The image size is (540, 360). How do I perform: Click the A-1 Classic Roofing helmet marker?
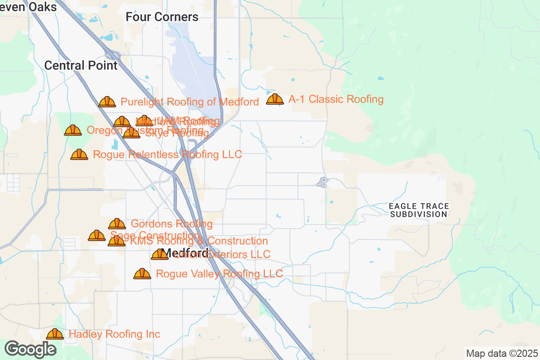point(275,99)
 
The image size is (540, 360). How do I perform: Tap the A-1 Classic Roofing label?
point(336,99)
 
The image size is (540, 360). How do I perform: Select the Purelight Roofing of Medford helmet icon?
point(107,102)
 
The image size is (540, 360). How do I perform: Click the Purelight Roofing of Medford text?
point(189,102)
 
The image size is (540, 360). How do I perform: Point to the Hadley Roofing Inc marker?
point(55,334)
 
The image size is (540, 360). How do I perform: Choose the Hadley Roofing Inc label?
point(114,334)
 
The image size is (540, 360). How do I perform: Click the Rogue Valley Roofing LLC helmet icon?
point(142,274)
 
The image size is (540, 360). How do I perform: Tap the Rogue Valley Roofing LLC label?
point(219,274)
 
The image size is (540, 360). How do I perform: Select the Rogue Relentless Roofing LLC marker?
point(79,154)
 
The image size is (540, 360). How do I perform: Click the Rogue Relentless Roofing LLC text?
point(167,154)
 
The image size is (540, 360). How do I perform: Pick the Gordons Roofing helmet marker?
point(117,224)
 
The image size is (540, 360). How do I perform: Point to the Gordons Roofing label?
point(171,224)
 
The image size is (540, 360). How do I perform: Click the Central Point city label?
point(81,65)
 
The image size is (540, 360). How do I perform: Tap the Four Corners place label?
point(162,17)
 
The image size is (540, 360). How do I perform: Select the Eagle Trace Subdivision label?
point(419,210)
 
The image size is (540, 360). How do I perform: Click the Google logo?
point(30,349)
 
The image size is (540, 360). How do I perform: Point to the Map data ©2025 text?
point(501,353)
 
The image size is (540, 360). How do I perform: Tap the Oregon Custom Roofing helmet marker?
point(73,130)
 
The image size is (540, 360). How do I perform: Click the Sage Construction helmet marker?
point(97,235)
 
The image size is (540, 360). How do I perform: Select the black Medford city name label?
point(185,252)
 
